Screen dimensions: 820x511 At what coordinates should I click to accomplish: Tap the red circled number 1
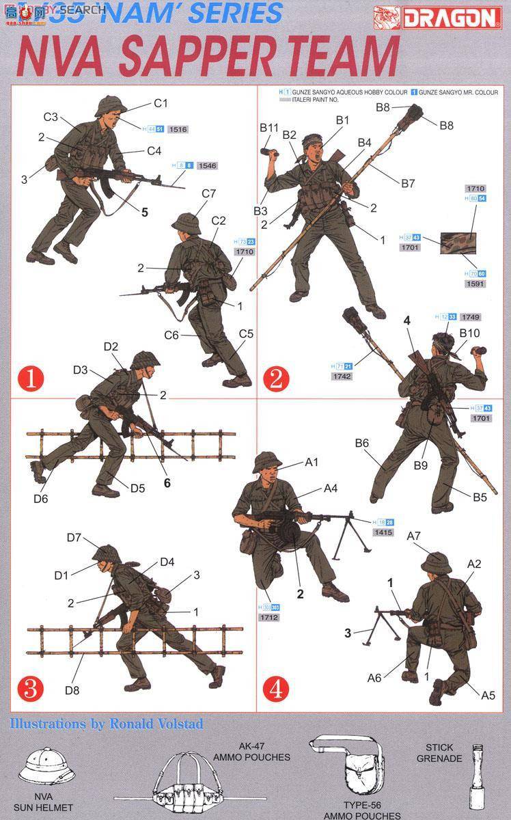tap(30, 379)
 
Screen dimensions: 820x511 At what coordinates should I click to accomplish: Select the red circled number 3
tap(30, 689)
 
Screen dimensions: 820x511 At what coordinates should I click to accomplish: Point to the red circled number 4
tap(275, 689)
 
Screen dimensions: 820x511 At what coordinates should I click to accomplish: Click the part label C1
tap(161, 103)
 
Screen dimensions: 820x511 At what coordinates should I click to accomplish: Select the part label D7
tap(75, 537)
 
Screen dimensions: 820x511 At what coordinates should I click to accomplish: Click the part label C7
tap(209, 194)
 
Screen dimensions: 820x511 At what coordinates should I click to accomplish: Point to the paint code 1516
tap(177, 128)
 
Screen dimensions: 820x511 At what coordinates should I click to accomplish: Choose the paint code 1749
tap(470, 317)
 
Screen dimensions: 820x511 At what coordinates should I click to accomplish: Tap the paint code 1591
tap(474, 283)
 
